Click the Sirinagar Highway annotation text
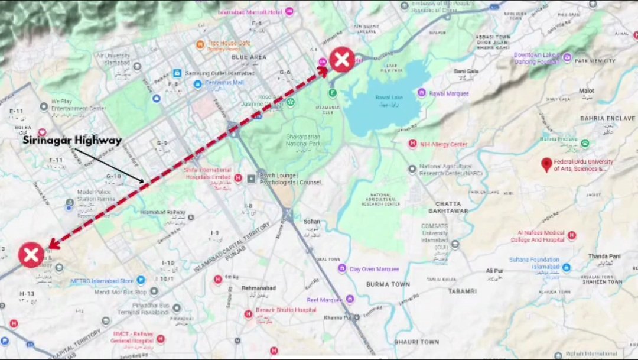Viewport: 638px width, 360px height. click(72, 141)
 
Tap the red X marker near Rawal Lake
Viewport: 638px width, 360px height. click(341, 60)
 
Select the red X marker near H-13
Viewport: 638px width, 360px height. click(31, 255)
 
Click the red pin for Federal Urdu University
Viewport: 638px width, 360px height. click(546, 164)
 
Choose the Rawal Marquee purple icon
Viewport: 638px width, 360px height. click(421, 93)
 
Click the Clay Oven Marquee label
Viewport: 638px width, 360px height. click(374, 269)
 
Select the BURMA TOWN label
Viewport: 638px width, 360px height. click(388, 284)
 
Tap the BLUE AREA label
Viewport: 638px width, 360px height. click(249, 57)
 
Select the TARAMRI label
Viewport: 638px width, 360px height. click(462, 291)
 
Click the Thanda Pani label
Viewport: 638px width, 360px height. click(604, 256)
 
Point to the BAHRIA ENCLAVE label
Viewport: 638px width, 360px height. click(607, 118)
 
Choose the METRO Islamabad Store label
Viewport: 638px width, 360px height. click(102, 281)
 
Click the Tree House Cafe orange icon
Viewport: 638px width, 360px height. click(201, 44)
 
